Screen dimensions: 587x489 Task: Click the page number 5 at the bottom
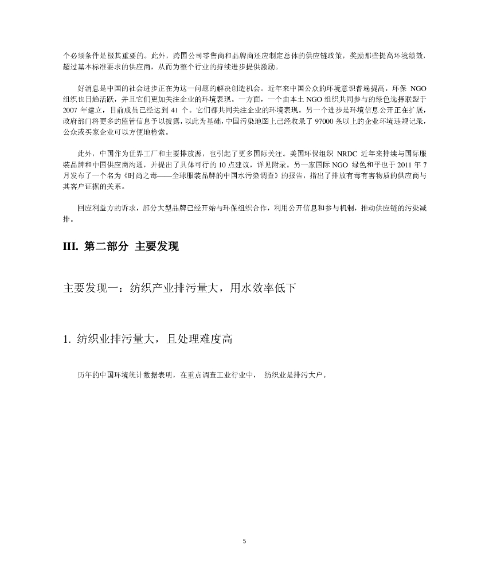(244, 541)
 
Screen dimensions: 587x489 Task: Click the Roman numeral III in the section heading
(69, 247)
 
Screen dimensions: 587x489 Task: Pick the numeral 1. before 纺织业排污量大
(66, 339)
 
